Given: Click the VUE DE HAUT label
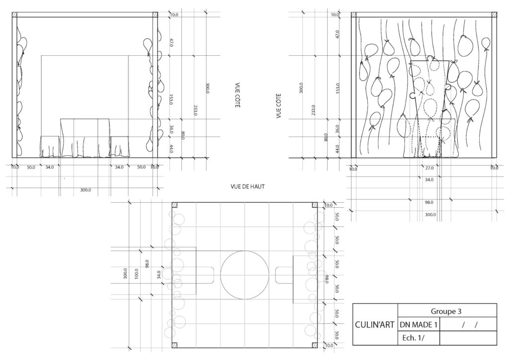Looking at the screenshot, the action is click(248, 186).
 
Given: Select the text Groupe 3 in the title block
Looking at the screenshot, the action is click(446, 311).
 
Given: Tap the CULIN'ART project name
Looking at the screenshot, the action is click(375, 325).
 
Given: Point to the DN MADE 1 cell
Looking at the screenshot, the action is click(419, 325).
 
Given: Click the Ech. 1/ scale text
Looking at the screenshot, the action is click(413, 338).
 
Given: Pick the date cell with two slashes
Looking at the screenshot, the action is click(468, 324).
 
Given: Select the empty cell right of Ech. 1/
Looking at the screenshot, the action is click(468, 338).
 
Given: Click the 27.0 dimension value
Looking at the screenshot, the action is click(429, 168).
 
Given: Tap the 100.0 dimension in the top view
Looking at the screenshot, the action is click(136, 273).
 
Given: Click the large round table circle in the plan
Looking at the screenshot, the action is click(245, 251).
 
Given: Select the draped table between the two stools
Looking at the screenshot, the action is click(85, 138).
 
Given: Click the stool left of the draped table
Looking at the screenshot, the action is click(50, 147).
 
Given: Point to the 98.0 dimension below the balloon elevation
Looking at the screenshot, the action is click(429, 202).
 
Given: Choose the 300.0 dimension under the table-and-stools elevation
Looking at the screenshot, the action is click(85, 190).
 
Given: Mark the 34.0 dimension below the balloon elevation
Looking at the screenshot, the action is click(429, 180).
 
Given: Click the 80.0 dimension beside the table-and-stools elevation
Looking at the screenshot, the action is click(183, 135).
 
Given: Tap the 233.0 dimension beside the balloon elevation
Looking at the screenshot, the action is click(314, 110).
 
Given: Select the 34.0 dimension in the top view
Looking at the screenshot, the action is click(159, 275).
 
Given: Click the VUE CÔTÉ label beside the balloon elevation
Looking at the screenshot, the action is click(278, 106).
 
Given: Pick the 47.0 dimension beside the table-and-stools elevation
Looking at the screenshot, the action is click(171, 43).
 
